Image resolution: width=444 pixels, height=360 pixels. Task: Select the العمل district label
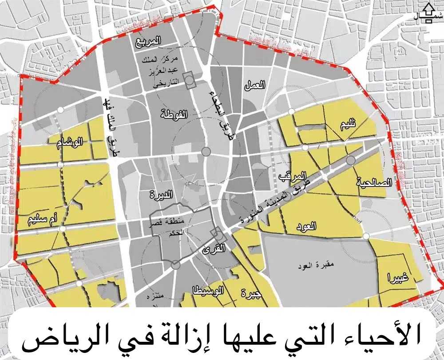[255, 85]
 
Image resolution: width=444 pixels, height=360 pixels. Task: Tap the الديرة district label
[162, 194]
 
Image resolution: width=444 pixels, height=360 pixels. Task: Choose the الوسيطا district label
[208, 291]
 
